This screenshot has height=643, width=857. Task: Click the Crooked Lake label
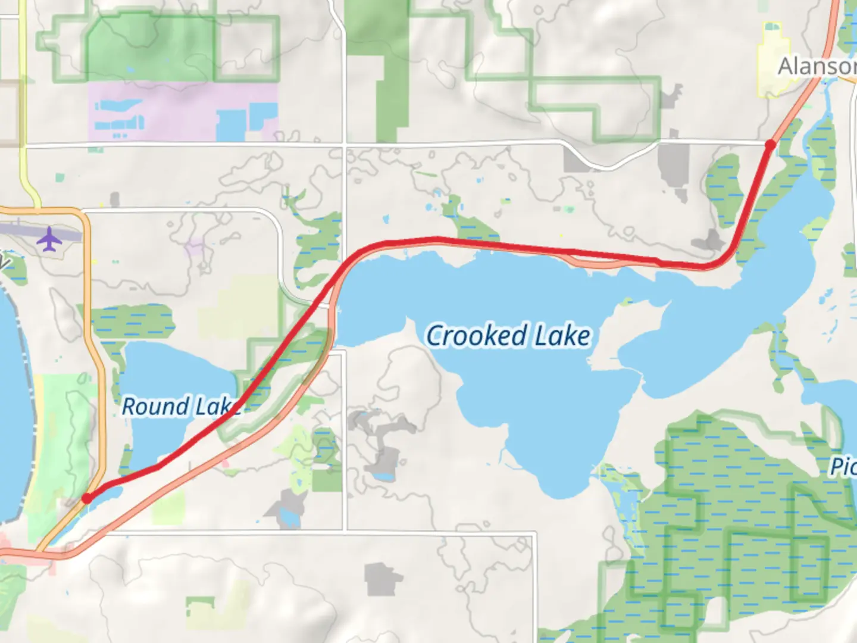click(508, 336)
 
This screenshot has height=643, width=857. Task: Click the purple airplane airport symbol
click(49, 239)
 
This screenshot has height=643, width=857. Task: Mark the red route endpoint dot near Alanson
click(770, 145)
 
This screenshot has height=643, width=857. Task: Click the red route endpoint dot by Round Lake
click(87, 498)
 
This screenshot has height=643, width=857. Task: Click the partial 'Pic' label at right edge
click(844, 466)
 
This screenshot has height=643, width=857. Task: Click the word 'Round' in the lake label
click(155, 407)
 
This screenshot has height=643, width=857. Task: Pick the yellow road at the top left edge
click(23, 89)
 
